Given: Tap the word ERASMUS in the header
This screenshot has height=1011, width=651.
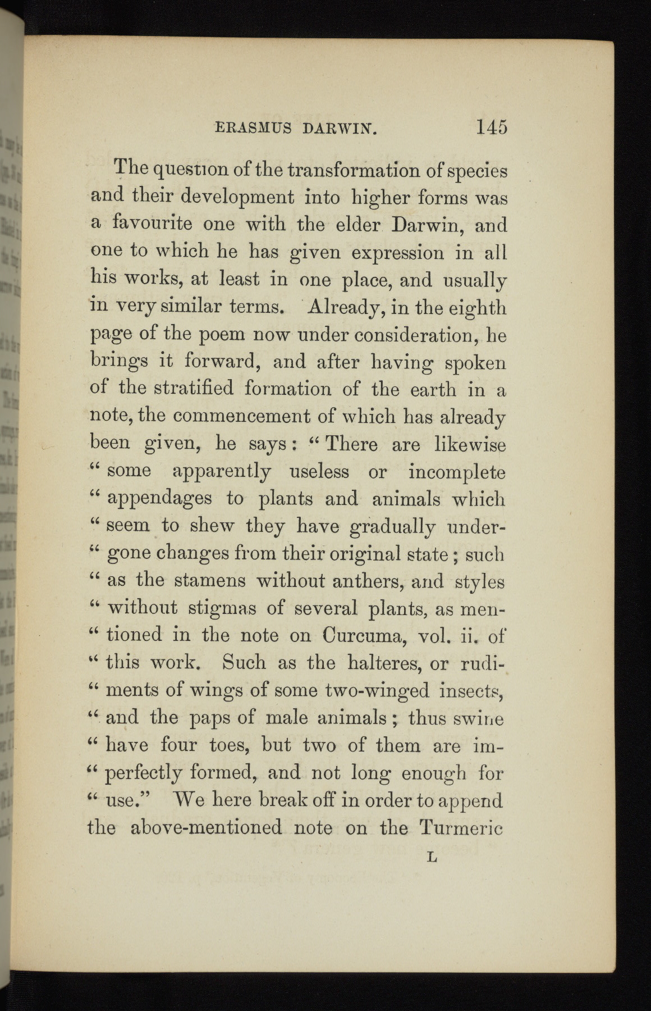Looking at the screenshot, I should click(253, 129).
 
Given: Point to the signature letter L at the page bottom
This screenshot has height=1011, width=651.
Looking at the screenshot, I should click(432, 858).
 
